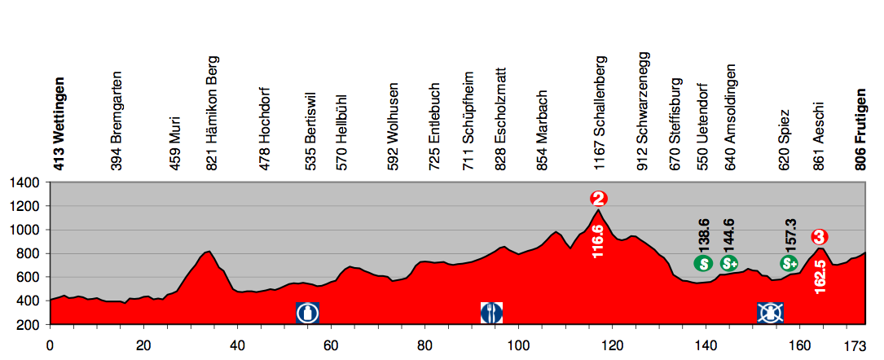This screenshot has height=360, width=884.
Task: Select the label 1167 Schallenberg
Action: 600,112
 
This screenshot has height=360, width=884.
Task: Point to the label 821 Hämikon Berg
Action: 213,113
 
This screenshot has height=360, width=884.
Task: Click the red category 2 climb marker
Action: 600,199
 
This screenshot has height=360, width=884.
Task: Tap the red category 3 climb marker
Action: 820,237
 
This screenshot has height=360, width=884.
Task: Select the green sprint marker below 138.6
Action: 704,263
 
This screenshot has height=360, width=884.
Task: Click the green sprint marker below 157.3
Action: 789,263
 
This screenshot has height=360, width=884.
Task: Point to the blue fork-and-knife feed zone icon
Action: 492,312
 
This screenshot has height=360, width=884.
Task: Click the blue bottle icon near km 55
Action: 307,312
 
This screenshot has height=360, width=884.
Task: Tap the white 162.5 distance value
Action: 820,277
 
